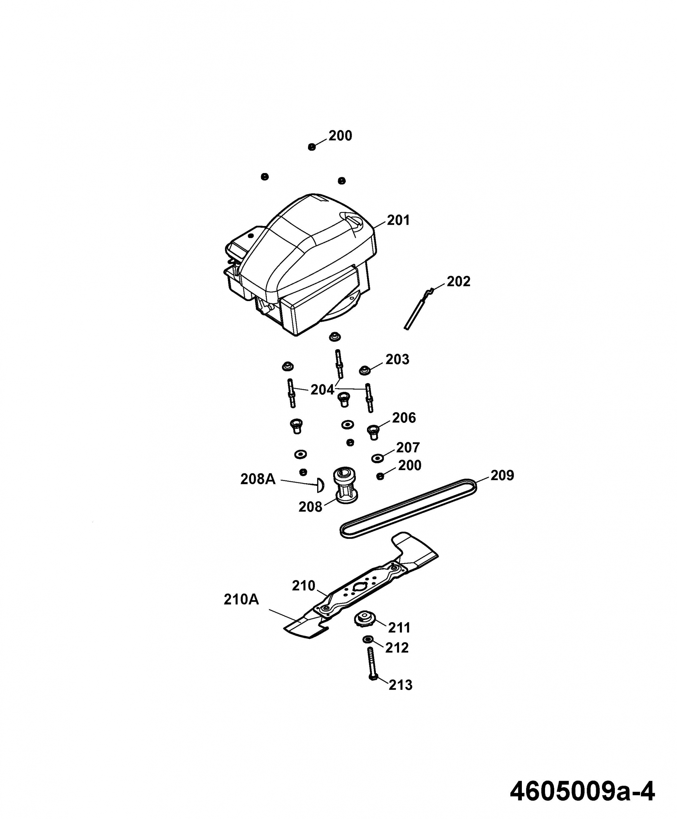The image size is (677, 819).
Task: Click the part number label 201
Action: pos(398,220)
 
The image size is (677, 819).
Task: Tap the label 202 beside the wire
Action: pos(458,282)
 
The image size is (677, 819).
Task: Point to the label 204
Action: pos(322,390)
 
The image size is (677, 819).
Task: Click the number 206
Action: pos(404,418)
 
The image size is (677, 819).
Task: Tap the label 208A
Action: pos(258,479)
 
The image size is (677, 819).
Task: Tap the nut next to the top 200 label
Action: pos(311,147)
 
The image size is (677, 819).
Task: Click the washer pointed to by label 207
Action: pos(377,458)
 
